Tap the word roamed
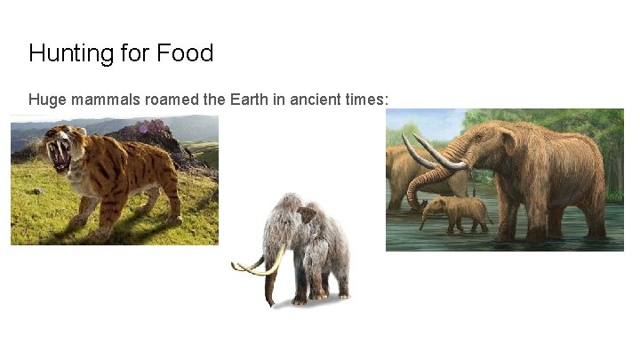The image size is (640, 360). [x=171, y=100]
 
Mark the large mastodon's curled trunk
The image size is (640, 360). [x=427, y=187]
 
